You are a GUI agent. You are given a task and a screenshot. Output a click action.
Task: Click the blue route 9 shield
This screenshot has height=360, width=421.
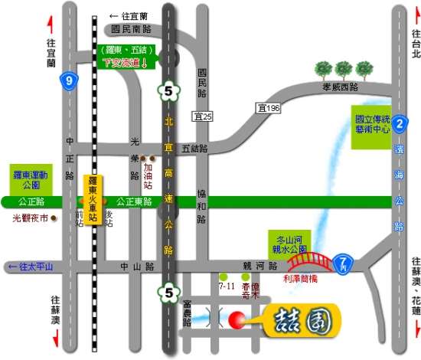[69, 80]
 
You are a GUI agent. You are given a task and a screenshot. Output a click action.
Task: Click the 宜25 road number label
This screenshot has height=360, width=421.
[202, 116]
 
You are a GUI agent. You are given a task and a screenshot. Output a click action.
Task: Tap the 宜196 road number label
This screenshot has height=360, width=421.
[269, 109]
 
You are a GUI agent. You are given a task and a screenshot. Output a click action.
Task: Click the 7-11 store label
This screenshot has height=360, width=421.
[226, 285]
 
